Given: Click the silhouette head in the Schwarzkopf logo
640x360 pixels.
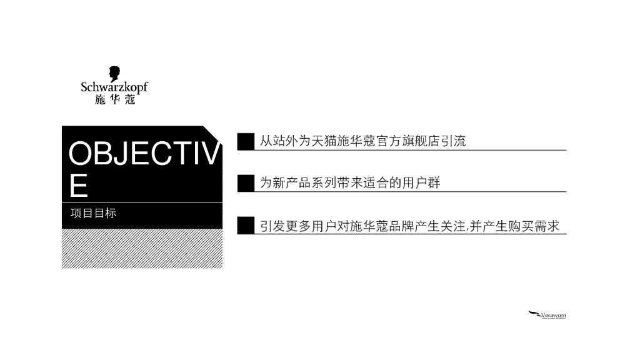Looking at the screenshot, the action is click(114, 74).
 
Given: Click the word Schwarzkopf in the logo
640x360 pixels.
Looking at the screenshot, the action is click(114, 87).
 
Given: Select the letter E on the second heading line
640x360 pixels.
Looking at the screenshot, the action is click(79, 185).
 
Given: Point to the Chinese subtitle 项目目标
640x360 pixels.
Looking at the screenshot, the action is click(93, 214).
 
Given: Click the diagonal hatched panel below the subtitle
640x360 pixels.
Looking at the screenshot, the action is click(142, 248).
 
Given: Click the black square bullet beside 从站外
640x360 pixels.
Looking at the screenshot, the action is click(246, 141).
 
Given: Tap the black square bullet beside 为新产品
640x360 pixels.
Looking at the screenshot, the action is click(246, 182).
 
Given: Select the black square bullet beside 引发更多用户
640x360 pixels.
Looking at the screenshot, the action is click(246, 225).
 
